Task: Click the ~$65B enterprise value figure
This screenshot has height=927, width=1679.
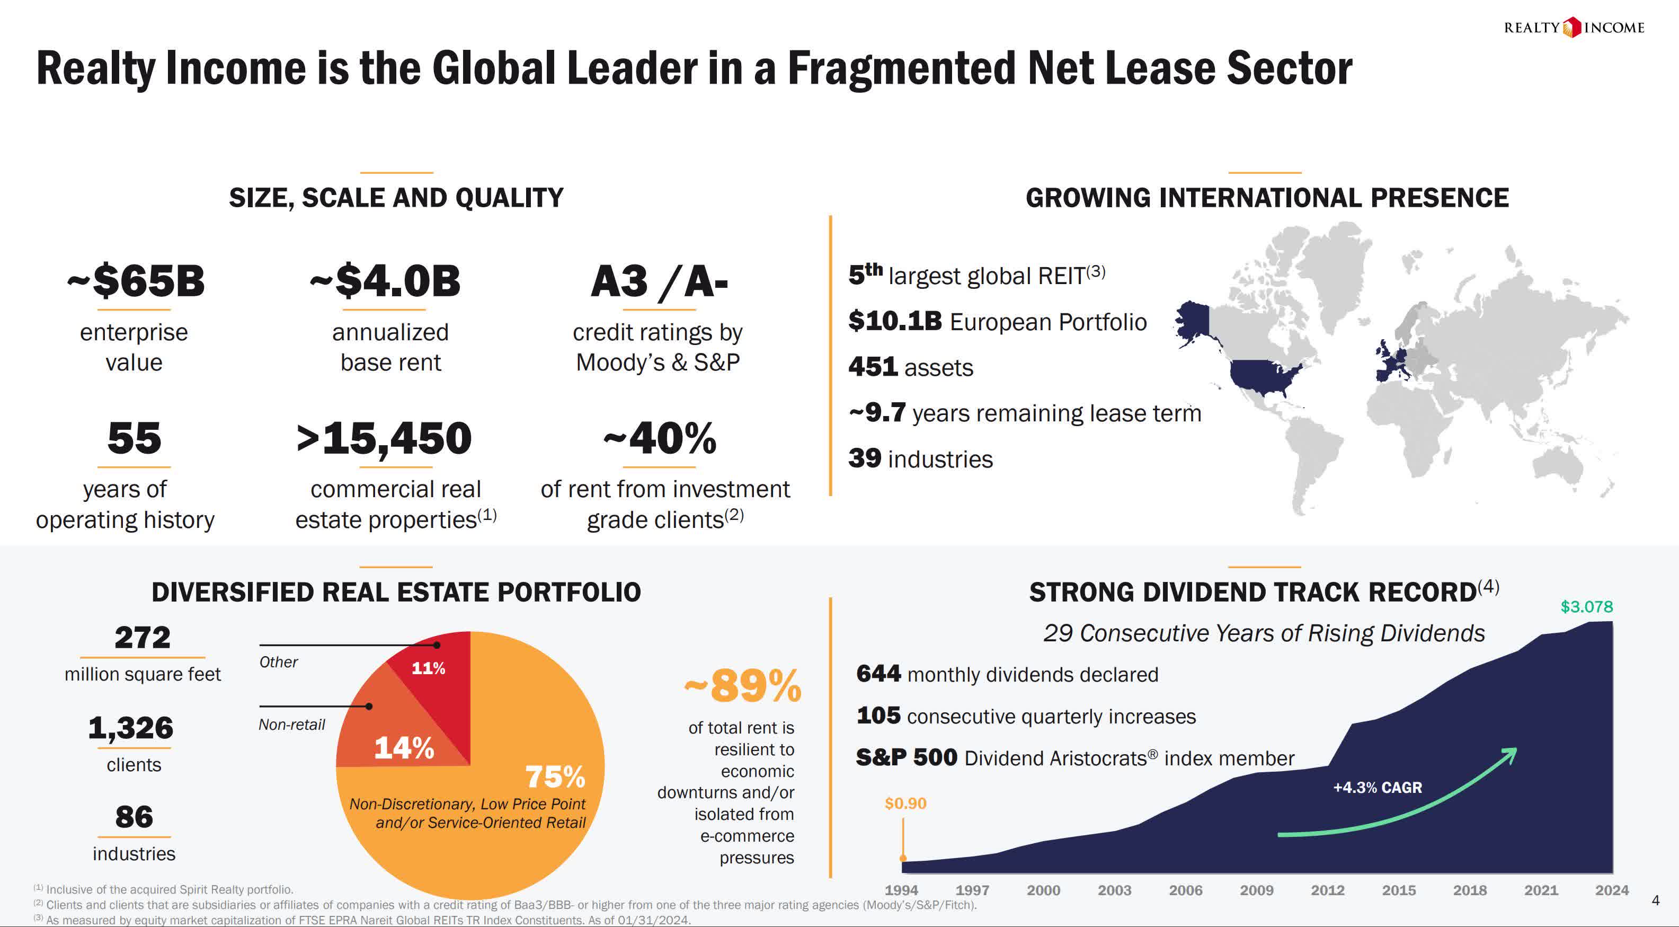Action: pos(136,281)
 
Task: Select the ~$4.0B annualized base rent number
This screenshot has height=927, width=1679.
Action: pos(385,281)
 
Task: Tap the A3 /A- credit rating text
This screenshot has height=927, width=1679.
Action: pos(659,281)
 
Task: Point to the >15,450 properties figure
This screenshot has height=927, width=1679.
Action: pos(384,438)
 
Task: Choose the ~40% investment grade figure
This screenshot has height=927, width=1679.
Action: pos(660,438)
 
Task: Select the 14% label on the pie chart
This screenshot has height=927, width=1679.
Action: pos(403,748)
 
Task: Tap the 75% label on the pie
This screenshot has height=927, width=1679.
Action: pos(555,776)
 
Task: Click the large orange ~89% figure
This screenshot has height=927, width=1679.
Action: pos(742,686)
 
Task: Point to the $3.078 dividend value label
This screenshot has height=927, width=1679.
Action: pos(1586,607)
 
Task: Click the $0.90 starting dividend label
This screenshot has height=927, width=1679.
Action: pos(905,803)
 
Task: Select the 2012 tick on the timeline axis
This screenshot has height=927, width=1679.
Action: pos(1328,890)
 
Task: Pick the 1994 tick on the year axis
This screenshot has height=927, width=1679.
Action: pos(901,890)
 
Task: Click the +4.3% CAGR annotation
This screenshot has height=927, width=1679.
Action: pos(1377,788)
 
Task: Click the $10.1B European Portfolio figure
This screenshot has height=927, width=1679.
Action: pos(895,321)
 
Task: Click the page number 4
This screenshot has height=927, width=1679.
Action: pos(1655,901)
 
